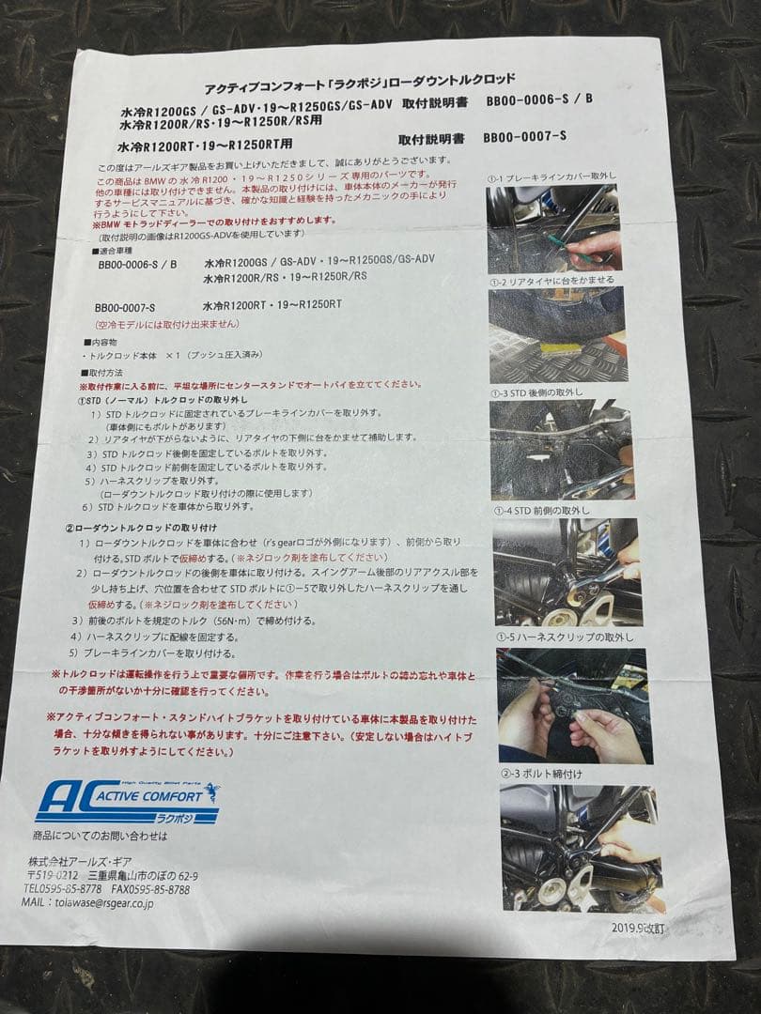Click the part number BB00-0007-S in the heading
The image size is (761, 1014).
tap(524, 137)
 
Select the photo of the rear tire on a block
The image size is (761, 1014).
tap(556, 335)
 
